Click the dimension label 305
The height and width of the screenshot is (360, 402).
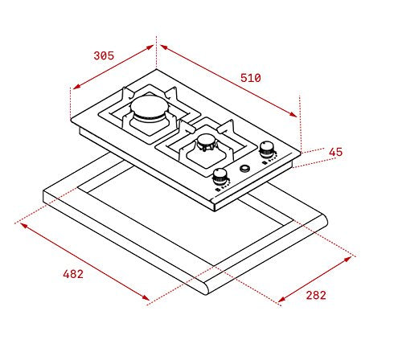(x=104, y=55)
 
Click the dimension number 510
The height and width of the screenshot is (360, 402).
(x=250, y=78)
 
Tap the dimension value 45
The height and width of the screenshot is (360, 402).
(x=335, y=152)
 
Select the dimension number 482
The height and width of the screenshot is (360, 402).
(x=72, y=274)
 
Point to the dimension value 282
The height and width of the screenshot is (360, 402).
(x=316, y=295)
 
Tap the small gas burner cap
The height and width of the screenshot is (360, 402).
(x=207, y=145)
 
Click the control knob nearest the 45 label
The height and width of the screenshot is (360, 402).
(x=267, y=149)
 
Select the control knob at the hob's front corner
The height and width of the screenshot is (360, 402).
(x=219, y=178)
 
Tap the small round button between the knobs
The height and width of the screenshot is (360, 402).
(x=244, y=170)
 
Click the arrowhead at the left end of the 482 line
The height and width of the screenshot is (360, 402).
(x=21, y=224)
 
